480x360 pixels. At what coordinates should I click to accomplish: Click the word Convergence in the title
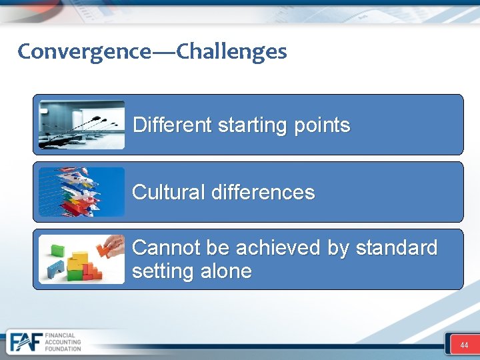tap(84, 51)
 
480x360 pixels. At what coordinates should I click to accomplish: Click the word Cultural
tap(169, 192)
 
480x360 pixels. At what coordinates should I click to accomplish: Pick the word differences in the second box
tap(263, 192)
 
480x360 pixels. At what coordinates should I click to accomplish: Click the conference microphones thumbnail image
tap(81, 125)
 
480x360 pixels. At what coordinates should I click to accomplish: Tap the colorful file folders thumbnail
tap(81, 192)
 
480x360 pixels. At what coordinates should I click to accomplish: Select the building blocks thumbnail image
tap(81, 259)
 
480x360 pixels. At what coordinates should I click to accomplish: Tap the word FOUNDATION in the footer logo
tap(63, 349)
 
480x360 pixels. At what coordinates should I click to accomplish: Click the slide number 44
tap(464, 345)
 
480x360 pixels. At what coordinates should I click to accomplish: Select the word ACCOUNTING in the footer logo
tap(63, 342)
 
